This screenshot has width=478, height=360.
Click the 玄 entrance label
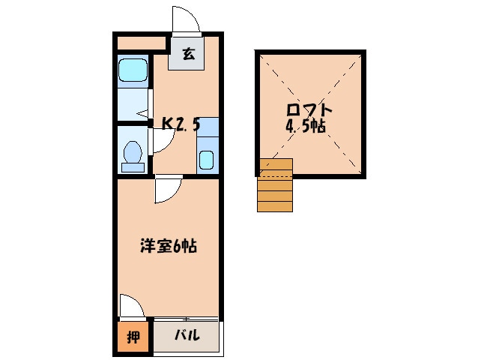187,54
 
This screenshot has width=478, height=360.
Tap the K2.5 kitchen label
181,124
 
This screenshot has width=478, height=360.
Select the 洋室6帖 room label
169,245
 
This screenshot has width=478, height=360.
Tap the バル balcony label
187,335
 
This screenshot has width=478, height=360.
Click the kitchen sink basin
207,160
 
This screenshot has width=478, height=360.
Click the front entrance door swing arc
186,19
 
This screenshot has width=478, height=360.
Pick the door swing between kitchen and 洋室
168,190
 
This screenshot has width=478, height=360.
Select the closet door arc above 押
130,306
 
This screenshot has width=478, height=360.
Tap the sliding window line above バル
187,319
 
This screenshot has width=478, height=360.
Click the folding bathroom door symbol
147,109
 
